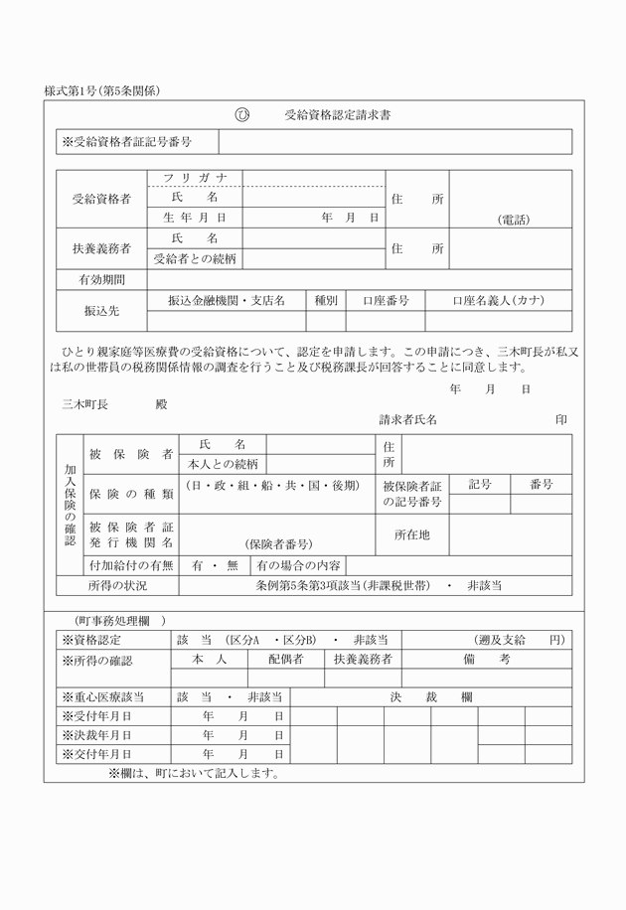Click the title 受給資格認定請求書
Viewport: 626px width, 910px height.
(x=337, y=115)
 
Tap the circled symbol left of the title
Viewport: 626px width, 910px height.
(x=241, y=115)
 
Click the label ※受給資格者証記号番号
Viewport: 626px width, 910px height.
(x=126, y=143)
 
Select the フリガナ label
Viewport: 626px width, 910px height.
(x=195, y=179)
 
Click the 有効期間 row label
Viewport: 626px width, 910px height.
(x=102, y=280)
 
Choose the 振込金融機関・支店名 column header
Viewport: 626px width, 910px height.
(x=226, y=300)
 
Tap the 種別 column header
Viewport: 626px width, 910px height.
(x=326, y=300)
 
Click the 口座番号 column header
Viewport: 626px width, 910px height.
(x=386, y=300)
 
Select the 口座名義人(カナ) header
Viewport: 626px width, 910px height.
(x=498, y=300)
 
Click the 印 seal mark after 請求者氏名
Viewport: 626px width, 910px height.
(x=561, y=420)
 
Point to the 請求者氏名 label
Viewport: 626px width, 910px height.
(x=407, y=420)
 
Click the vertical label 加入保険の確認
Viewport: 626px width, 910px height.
(x=70, y=505)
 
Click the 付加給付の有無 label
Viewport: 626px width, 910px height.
(x=131, y=565)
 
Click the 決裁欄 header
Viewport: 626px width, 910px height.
(x=430, y=697)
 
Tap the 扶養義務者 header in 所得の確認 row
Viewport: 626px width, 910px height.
(x=363, y=660)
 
